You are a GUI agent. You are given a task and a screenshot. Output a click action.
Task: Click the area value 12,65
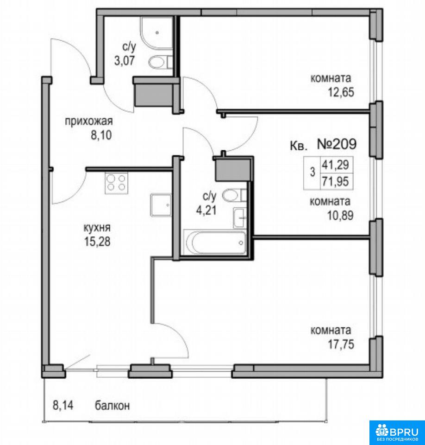pyautogui.click(x=341, y=92)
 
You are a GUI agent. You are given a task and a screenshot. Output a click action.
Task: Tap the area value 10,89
pyautogui.click(x=341, y=216)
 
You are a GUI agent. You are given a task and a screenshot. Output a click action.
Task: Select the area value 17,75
pyautogui.click(x=341, y=344)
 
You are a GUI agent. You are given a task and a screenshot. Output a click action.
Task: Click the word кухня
pyautogui.click(x=97, y=228)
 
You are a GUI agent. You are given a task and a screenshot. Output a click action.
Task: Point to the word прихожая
pyautogui.click(x=89, y=121)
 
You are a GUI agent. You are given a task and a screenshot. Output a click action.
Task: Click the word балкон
pyautogui.click(x=112, y=405)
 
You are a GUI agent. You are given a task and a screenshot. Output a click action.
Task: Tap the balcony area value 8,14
pyautogui.click(x=63, y=405)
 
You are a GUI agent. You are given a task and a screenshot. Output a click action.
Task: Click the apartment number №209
pyautogui.click(x=337, y=144)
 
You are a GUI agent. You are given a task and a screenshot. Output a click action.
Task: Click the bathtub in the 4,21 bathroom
pyautogui.click(x=215, y=242)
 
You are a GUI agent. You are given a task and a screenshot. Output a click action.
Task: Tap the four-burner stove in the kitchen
pyautogui.click(x=116, y=183)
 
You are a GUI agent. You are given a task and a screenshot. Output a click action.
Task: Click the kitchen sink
pyautogui.click(x=161, y=205)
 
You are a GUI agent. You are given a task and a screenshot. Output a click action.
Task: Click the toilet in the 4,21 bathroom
pyautogui.click(x=234, y=195)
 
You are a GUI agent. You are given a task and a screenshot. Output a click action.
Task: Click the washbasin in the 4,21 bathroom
pyautogui.click(x=240, y=218)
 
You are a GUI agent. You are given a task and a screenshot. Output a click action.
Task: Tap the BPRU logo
pyautogui.click(x=397, y=432)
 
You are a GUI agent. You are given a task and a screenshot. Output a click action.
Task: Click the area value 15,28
pyautogui.click(x=97, y=242)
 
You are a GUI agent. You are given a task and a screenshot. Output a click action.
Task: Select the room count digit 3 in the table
pyautogui.click(x=312, y=172)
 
